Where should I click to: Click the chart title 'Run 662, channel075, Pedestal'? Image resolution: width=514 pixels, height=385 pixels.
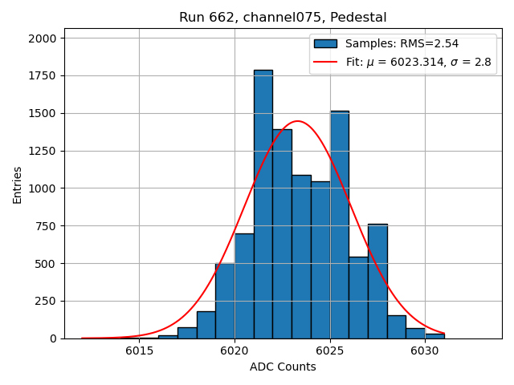(283, 18)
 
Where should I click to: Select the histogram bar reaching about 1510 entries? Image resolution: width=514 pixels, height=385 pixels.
(340, 225)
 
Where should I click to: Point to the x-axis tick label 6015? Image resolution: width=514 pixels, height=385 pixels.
(139, 351)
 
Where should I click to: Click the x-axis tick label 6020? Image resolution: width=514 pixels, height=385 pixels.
(235, 351)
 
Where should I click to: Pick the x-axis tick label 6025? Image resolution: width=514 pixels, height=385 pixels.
(329, 351)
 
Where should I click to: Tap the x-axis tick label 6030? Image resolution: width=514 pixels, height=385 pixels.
(425, 351)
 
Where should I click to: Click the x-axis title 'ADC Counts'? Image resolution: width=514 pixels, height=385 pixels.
(283, 367)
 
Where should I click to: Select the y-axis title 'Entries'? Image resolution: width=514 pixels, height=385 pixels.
(18, 184)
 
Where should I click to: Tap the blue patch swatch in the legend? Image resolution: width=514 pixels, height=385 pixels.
(325, 44)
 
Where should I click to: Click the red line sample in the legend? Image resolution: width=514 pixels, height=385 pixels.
(325, 62)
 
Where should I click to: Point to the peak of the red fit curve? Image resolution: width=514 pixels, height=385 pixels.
(297, 121)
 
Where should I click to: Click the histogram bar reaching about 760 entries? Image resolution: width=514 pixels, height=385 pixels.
(377, 281)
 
